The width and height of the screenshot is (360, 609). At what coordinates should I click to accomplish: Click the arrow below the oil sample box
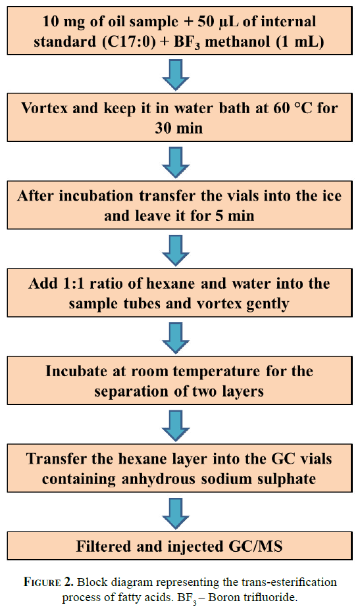[x=176, y=75]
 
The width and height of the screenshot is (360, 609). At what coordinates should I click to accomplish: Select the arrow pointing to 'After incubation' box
[x=176, y=162]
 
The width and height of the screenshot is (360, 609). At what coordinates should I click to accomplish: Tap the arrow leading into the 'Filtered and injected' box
[x=176, y=514]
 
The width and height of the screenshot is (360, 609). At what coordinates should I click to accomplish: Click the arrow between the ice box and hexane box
[x=176, y=251]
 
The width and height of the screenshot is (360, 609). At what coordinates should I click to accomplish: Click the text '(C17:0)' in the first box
[x=129, y=41]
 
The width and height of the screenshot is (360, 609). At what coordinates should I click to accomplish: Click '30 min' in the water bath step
[x=179, y=128]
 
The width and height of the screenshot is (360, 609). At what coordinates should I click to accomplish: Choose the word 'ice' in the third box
[x=332, y=195]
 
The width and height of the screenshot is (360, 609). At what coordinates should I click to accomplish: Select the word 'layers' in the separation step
[x=243, y=391]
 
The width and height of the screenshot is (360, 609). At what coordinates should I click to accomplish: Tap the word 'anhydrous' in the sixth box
[x=155, y=479]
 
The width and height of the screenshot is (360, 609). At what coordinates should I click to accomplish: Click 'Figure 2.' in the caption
[x=49, y=582]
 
